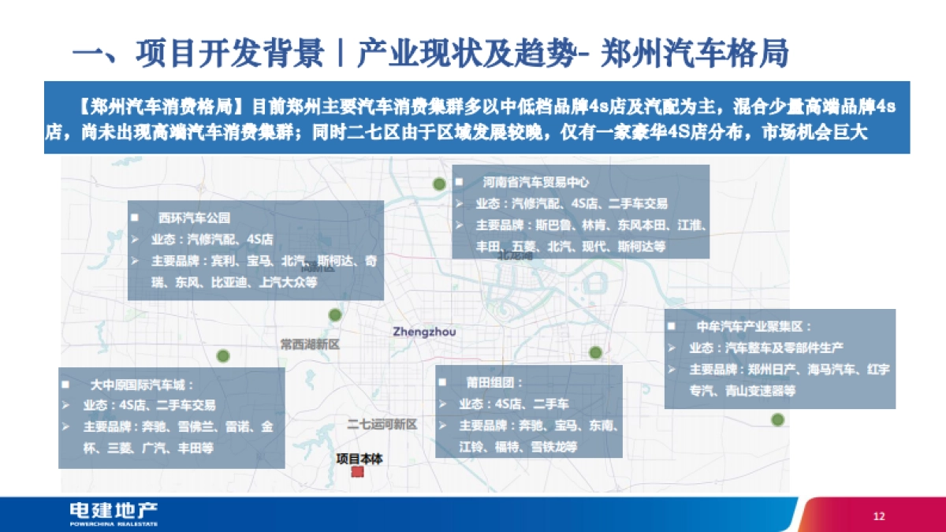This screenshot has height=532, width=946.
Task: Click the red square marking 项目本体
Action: click(x=358, y=471)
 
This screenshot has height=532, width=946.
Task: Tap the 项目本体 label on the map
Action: click(x=359, y=458)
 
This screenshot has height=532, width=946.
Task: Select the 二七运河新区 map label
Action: click(x=382, y=425)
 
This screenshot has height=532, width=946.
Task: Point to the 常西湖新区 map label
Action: click(x=310, y=344)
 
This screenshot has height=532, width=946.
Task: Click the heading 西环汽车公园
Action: click(x=194, y=218)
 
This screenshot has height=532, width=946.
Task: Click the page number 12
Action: click(x=880, y=516)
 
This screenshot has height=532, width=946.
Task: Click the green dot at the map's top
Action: click(x=439, y=184)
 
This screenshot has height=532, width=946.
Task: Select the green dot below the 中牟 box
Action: click(x=778, y=419)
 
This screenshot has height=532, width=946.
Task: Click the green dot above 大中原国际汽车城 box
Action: click(x=224, y=355)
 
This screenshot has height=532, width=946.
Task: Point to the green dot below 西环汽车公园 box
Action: click(x=335, y=314)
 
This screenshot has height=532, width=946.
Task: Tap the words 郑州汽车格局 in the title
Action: click(x=695, y=54)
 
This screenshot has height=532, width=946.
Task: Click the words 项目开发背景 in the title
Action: click(x=229, y=54)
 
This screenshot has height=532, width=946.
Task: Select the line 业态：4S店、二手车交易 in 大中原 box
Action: click(x=149, y=406)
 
